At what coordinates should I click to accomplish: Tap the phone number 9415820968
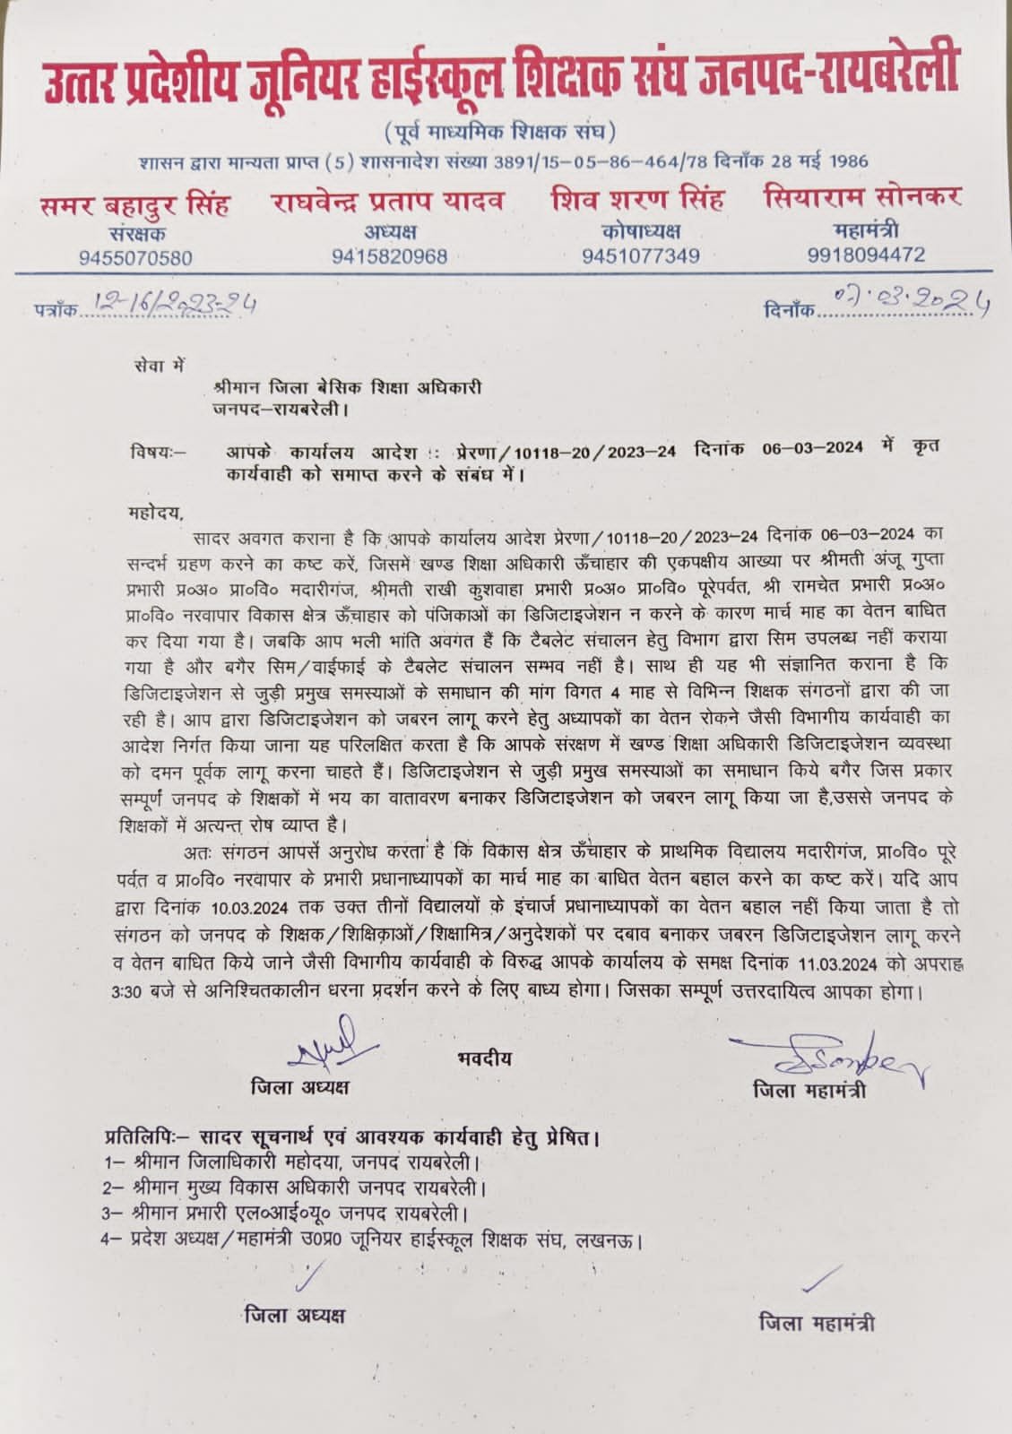[x=389, y=257]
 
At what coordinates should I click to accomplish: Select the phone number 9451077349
[x=640, y=256]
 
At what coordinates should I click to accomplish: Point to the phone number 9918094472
[x=866, y=255]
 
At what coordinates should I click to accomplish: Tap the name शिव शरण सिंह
[x=638, y=200]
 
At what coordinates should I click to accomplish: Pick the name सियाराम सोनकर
[x=863, y=198]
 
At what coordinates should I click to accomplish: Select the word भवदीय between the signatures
[x=483, y=1058]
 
